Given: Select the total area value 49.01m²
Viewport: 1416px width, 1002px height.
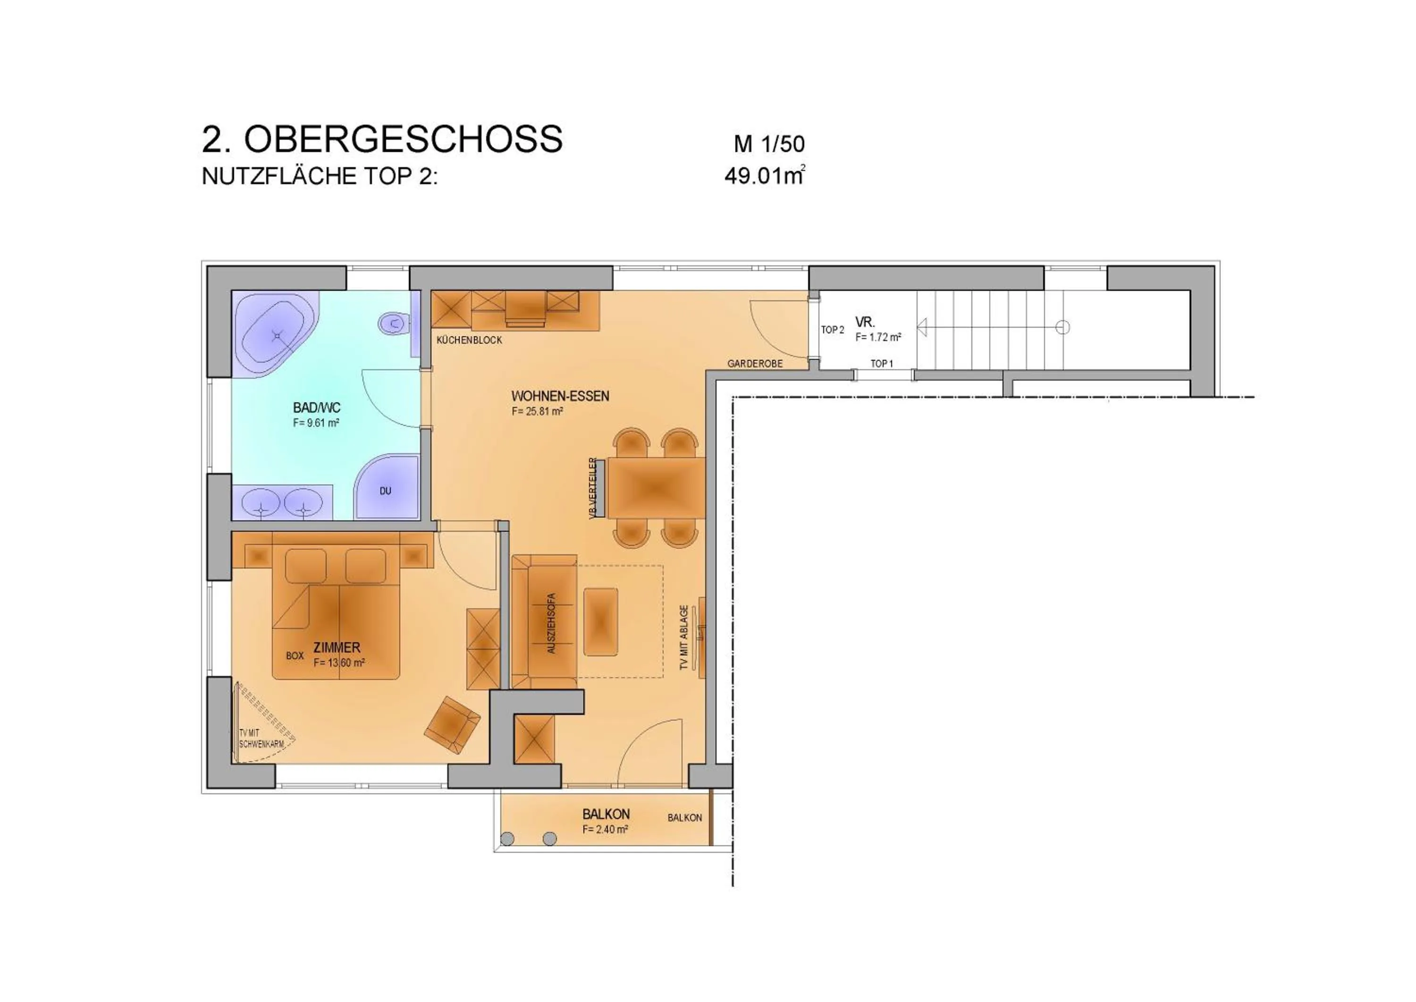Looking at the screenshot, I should coord(764,177).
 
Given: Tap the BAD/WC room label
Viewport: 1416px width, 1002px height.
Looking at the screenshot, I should coord(316,408).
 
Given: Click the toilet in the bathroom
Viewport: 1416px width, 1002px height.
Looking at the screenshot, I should coord(393,323).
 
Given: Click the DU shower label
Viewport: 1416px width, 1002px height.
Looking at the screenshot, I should coord(386,491).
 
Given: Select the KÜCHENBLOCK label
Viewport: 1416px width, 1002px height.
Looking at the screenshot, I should coord(469,340).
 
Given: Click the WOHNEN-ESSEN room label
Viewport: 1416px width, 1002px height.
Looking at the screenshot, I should coord(560,396).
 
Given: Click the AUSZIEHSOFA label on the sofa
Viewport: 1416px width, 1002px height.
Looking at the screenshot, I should coord(551,624).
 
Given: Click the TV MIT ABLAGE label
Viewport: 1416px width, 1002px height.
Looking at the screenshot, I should coord(683,637).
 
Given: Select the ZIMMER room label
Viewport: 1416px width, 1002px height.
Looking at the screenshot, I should coord(337,647).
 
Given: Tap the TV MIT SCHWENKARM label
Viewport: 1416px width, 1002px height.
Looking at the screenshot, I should coord(261,739).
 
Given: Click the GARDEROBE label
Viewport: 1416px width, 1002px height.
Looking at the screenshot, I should coord(754,364).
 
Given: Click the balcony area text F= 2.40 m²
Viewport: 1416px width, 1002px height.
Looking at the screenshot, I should coord(605,830).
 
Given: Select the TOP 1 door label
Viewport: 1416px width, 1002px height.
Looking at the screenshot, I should coord(881,364).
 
